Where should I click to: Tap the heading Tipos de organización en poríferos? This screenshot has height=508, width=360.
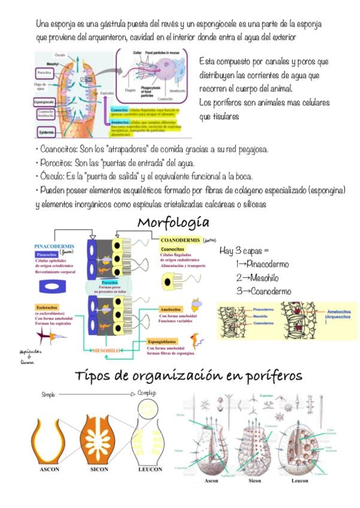pyautogui.click(x=188, y=376)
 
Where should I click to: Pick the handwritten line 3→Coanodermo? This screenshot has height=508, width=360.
pyautogui.click(x=263, y=291)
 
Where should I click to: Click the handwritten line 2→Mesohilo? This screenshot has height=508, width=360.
pyautogui.click(x=257, y=277)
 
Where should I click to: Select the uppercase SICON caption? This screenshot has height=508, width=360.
pyautogui.click(x=100, y=469)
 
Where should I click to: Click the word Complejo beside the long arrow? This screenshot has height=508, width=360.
pyautogui.click(x=147, y=394)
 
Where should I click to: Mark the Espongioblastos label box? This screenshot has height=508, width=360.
pyautogui.click(x=164, y=341)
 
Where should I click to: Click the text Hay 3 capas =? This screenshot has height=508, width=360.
pyautogui.click(x=244, y=250)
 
